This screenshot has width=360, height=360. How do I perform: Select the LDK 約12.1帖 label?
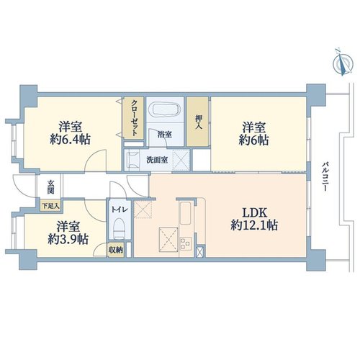pyautogui.click(x=254, y=219)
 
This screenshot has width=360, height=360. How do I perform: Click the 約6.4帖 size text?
pyautogui.click(x=70, y=140)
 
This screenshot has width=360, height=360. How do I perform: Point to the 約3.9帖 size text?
pyautogui.click(x=68, y=239)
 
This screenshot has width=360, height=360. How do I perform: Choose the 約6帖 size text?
pyautogui.click(x=253, y=140)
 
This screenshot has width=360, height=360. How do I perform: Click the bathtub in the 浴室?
pyautogui.click(x=166, y=109)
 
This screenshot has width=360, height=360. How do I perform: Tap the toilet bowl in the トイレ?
pyautogui.click(x=119, y=228)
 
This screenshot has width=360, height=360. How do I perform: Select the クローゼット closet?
pyautogui.click(x=134, y=118)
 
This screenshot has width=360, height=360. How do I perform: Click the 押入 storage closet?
pyautogui.click(x=198, y=122)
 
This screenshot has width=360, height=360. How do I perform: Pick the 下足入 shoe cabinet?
pyautogui.click(x=50, y=206)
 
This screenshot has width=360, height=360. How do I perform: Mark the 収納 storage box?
pyautogui.click(x=116, y=250)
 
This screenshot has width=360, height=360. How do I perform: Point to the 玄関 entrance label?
pyautogui.click(x=50, y=186)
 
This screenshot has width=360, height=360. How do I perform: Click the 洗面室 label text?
pyautogui.click(x=157, y=160)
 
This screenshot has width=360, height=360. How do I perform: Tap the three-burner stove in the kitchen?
pyautogui.click(x=186, y=243)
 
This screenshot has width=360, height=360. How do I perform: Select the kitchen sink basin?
pyautogui.click(x=186, y=213)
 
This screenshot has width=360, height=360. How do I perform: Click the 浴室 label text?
pyautogui.click(x=165, y=135)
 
